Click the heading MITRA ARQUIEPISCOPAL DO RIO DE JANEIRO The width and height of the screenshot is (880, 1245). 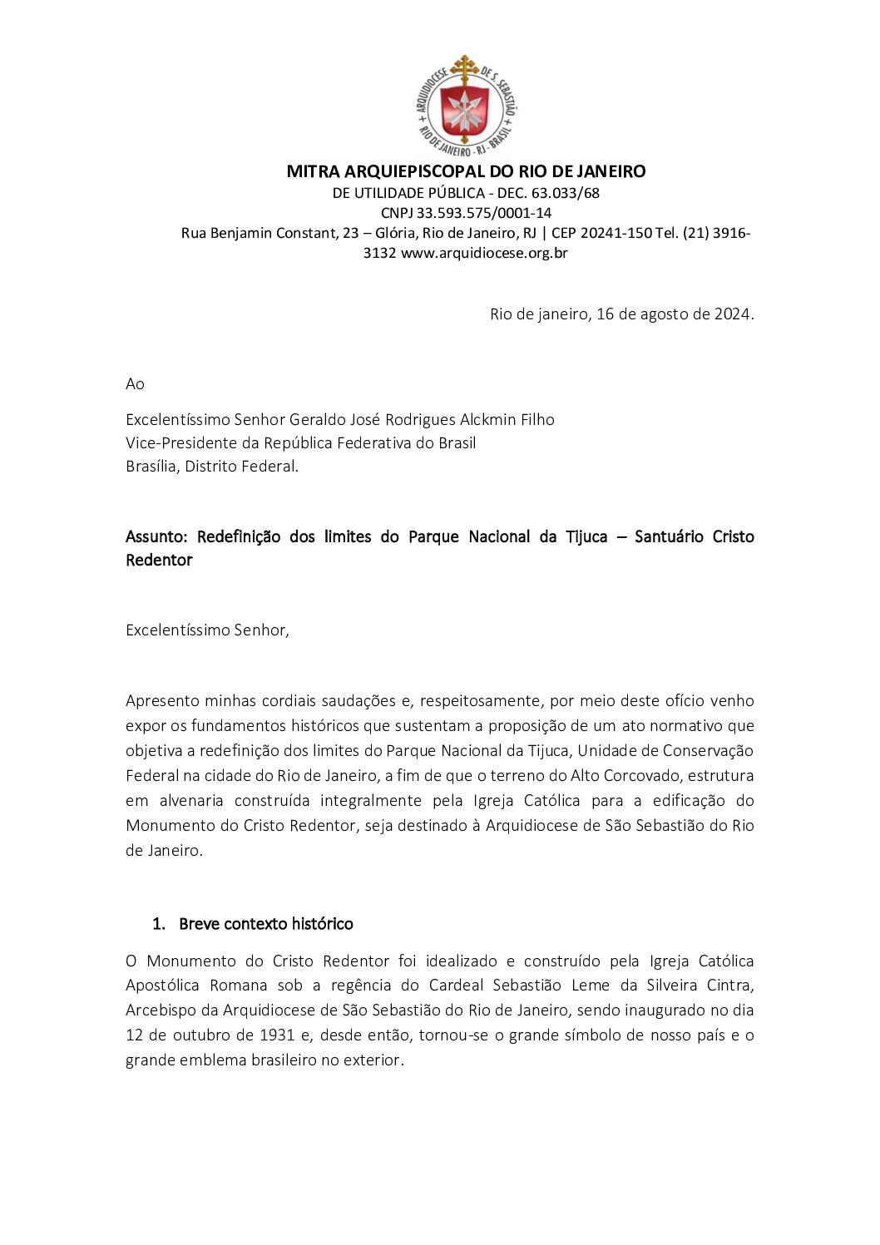[466, 171]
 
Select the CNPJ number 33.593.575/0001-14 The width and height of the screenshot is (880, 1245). [484, 213]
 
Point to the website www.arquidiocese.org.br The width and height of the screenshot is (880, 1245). [484, 253]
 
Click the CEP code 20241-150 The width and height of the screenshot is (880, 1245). [616, 233]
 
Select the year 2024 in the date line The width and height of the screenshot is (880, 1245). [733, 314]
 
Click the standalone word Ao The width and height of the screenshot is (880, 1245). [135, 383]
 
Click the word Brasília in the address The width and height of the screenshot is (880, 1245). [151, 467]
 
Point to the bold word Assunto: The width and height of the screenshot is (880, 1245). [156, 537]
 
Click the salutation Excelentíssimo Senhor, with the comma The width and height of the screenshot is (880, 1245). [207, 630]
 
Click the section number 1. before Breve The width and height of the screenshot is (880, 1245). [159, 924]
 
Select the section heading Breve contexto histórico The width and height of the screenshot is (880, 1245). [266, 924]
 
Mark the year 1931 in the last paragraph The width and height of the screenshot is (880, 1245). [277, 1035]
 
